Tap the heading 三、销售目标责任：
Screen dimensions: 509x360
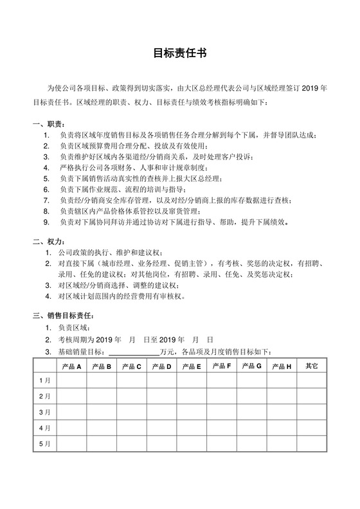[x=63, y=316]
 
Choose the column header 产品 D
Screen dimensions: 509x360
[x=161, y=366]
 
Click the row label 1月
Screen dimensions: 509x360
[x=45, y=380]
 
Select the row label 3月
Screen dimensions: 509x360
[x=45, y=412]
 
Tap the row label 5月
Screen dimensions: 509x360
[x=45, y=443]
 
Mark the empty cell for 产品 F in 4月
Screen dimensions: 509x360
[x=222, y=427]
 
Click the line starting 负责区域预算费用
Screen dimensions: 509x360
[x=122, y=146]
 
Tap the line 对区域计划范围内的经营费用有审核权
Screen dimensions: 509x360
[x=122, y=297]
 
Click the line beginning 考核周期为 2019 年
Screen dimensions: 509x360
[x=135, y=339]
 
